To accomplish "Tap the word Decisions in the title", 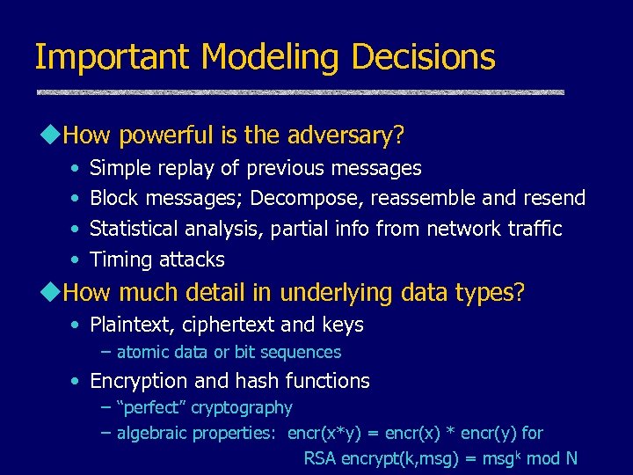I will [x=423, y=58].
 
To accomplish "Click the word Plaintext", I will [x=133, y=325].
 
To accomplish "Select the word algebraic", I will [x=155, y=433].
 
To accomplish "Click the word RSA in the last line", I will [x=319, y=458].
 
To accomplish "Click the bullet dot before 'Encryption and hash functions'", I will [x=77, y=382].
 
